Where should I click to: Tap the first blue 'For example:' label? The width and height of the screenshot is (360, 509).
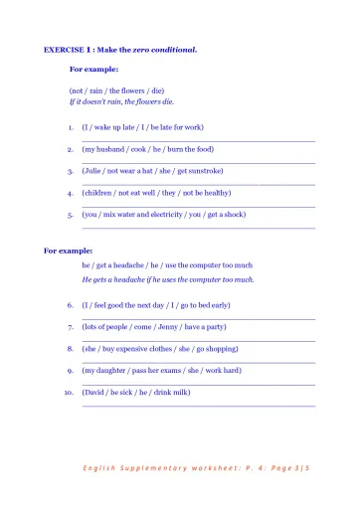(x=93, y=70)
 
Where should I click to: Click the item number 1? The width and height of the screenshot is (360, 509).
(x=71, y=127)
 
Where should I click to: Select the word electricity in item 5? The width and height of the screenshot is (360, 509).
(x=164, y=215)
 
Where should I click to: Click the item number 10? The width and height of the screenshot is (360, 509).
(x=69, y=393)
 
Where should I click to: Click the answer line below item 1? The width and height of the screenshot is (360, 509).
(x=198, y=140)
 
